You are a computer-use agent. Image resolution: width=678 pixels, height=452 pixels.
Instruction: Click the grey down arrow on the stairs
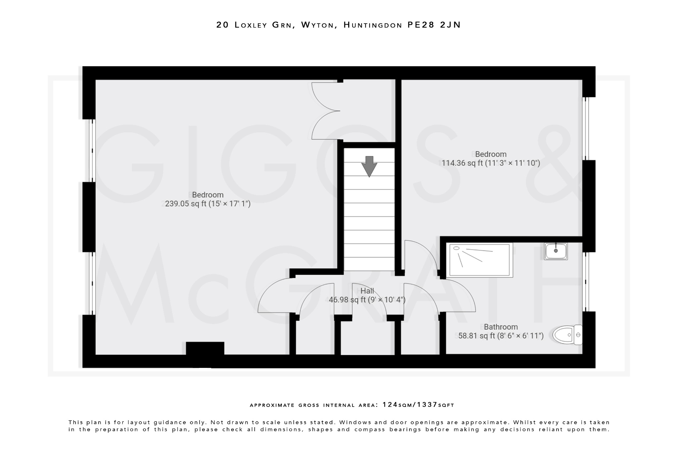pos(369,166)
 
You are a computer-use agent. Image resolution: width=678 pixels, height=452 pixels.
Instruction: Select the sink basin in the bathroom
pos(556,251)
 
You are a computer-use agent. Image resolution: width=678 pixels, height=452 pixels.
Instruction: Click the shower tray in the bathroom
pos(479,260)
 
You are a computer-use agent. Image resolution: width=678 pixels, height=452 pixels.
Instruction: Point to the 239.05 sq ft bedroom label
pos(208,199)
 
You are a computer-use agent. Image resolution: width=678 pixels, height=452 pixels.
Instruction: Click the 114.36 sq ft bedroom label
pos(491,159)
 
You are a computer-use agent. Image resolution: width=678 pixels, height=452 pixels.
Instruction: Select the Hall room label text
pos(367,291)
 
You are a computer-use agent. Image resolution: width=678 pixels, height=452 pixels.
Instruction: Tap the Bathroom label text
pos(501,327)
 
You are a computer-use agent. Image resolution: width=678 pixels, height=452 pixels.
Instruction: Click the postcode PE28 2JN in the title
pos(434,25)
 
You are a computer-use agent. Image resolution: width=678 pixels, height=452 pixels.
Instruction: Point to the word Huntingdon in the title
pos(373,25)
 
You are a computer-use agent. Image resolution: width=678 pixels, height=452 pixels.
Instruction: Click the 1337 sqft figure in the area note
pos(427,405)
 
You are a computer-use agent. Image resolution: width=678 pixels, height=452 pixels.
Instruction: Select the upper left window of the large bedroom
pos(92,151)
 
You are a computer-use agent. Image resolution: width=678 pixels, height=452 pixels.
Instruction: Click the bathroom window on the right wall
pos(586,282)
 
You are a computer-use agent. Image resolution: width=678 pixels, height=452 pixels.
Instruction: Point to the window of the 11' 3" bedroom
pos(586,128)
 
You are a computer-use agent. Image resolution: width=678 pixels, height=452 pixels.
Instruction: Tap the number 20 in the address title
pos(222,25)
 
